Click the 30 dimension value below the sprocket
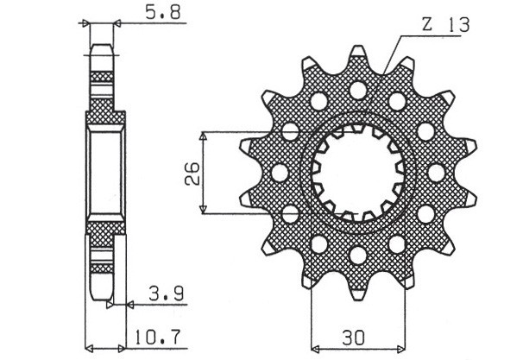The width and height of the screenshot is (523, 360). [x=354, y=335]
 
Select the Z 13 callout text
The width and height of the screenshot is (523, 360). [x=446, y=27]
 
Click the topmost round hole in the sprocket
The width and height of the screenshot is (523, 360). [x=356, y=89]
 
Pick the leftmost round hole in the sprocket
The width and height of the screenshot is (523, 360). [x=280, y=173]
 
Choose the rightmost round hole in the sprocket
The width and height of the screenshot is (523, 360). [x=433, y=173]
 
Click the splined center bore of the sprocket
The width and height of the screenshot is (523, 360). [x=356, y=172]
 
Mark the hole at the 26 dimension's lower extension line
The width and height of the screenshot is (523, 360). [x=290, y=213]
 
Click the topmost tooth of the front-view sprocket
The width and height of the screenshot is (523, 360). [x=356, y=54]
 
